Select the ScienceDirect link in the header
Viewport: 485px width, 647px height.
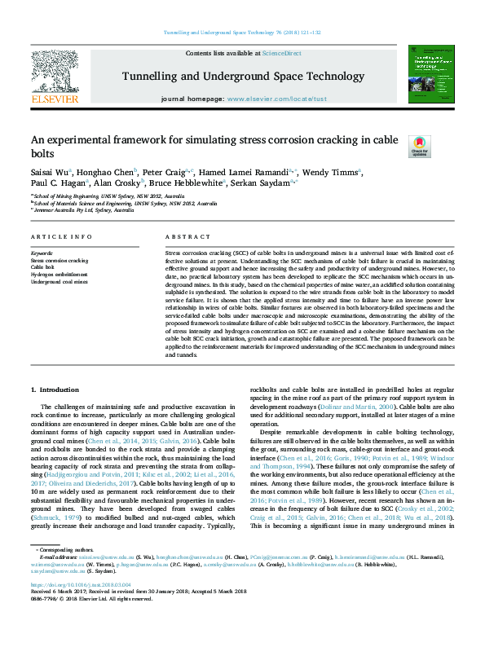(x=281, y=53)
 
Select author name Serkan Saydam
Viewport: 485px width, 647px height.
(x=276, y=183)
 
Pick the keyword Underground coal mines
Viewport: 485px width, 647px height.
(x=59, y=280)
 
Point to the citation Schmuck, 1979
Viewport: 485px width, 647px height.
(x=55, y=495)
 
